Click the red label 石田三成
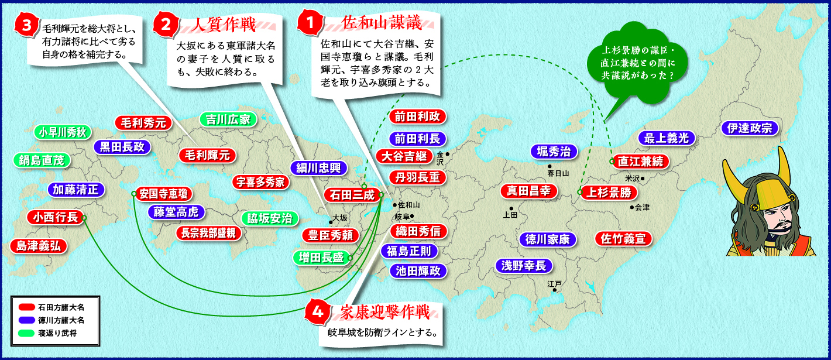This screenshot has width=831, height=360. [352, 195]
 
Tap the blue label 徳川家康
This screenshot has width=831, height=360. [547, 239]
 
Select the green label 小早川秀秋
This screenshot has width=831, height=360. [63, 132]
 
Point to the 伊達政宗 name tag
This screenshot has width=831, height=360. [750, 128]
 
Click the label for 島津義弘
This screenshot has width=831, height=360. [39, 246]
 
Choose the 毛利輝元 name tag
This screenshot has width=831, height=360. [207, 155]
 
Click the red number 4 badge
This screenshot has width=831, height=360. [317, 312]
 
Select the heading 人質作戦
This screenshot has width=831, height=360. [224, 25]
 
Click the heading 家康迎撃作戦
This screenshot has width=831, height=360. [384, 312]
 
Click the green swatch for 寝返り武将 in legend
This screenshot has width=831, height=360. [26, 333]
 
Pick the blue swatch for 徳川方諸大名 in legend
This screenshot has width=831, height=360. [26, 320]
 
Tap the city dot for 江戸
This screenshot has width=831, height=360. [555, 290]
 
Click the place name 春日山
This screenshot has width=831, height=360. [558, 173]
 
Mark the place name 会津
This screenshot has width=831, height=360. [642, 207]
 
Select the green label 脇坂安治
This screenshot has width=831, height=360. [270, 218]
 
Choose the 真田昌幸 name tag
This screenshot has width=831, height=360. [528, 191]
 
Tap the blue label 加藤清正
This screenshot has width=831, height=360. [75, 190]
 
